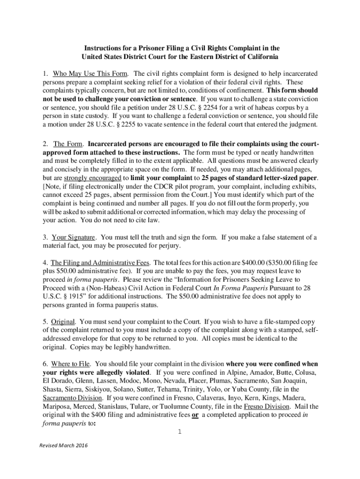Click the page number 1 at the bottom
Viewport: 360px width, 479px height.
coord(180,431)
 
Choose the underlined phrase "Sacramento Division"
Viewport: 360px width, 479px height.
coord(72,398)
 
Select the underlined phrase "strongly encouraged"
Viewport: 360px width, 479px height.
coord(93,178)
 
